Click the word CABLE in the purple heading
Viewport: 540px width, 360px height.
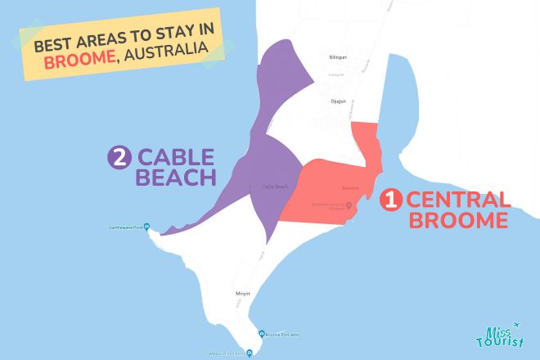176,157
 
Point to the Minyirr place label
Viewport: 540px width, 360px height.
242,291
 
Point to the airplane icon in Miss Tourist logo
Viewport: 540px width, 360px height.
516,326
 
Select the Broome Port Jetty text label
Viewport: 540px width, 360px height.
286,334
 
